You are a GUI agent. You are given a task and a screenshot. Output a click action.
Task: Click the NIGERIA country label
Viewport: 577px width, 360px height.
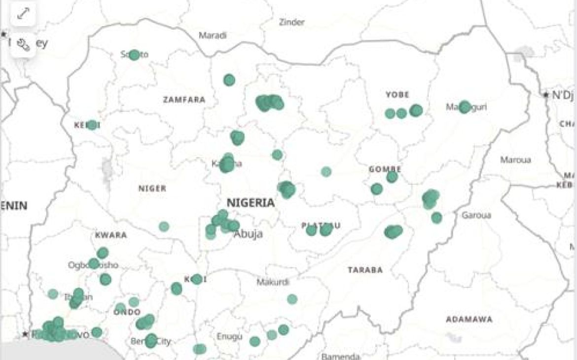point(251,203)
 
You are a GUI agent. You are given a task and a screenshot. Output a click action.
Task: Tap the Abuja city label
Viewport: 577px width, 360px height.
point(248,234)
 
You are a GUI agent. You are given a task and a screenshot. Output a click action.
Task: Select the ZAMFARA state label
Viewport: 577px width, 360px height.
point(184,100)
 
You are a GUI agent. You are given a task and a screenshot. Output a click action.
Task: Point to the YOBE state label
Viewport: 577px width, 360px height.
point(397,95)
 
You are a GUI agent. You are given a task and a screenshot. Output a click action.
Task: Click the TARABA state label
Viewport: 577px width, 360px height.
point(365,270)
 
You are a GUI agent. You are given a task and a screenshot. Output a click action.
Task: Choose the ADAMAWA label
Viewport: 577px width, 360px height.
point(469,320)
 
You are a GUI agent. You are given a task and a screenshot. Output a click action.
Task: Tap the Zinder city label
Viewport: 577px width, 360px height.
point(292,22)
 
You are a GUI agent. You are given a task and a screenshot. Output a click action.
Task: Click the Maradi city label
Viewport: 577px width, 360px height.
point(213,36)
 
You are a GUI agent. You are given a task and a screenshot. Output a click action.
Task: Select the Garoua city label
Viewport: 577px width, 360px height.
point(476,216)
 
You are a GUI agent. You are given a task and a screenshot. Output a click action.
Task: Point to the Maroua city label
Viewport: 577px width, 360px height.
point(515,160)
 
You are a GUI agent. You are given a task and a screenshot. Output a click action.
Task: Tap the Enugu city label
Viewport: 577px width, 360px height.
point(229,337)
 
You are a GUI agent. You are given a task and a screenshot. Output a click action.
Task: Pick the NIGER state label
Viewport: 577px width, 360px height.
point(152,188)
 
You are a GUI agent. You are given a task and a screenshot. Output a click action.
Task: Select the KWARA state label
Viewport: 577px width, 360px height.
point(111,235)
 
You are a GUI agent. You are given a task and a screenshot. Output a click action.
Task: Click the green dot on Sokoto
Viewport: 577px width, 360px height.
point(134,55)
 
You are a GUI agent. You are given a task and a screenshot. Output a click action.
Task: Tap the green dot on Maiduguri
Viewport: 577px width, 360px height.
point(465,107)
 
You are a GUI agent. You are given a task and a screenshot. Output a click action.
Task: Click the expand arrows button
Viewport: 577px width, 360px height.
point(23,14)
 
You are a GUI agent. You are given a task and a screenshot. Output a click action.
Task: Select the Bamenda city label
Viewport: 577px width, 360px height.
point(340,356)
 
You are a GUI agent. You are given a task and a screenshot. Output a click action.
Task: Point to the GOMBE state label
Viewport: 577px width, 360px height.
point(385,170)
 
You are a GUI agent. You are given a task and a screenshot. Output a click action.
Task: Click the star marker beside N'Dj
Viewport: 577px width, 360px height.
point(546,95)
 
